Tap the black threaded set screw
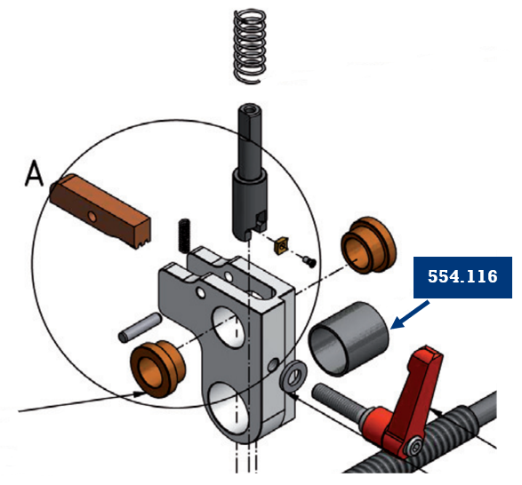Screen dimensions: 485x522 (x=186, y=235)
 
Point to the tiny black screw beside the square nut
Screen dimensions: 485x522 (x=308, y=260)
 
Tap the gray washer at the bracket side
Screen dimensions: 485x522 (x=290, y=379)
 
